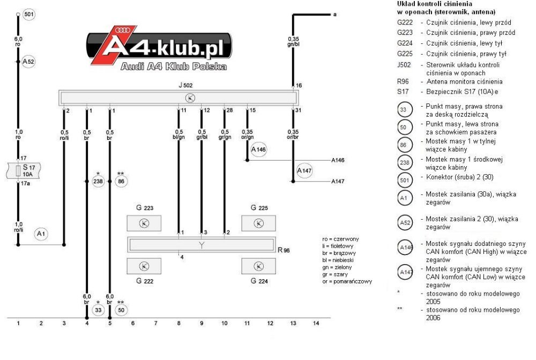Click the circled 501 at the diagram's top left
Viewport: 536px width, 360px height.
(29, 14)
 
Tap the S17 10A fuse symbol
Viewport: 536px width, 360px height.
(23, 171)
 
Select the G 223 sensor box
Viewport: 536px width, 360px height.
(144, 223)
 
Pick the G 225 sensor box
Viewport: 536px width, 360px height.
(258, 223)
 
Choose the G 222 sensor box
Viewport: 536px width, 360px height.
(144, 266)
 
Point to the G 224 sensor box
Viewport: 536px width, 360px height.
(258, 266)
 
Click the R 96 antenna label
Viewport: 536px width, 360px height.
(284, 250)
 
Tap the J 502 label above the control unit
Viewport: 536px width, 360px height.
(185, 85)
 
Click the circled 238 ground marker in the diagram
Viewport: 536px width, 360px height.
(98, 181)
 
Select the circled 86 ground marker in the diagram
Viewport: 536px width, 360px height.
(121, 181)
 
